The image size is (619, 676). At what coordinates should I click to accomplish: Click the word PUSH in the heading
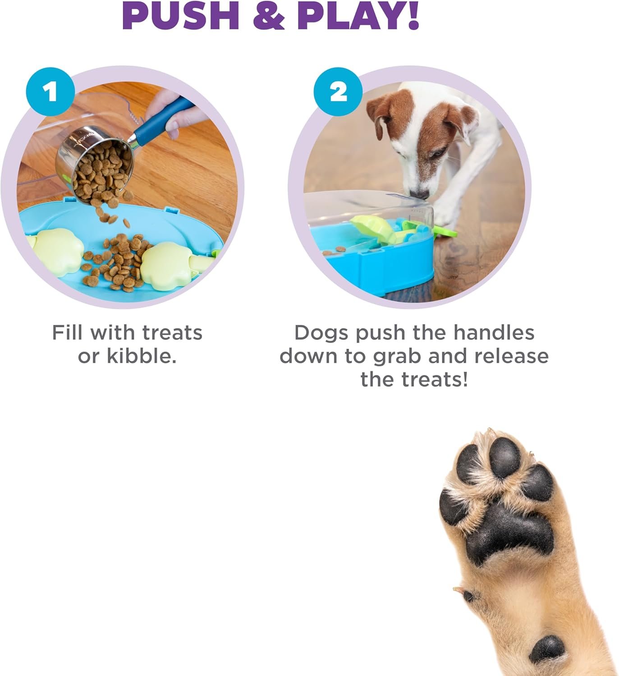pos(180,16)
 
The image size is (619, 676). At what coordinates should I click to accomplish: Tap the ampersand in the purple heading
pos(269,16)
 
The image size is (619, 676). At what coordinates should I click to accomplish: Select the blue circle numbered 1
pos(50,92)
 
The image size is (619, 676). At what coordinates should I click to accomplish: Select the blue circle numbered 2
pos(338,92)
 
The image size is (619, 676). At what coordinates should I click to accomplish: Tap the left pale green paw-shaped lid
pos(56,251)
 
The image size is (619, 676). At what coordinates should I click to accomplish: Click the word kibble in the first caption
pos(140,356)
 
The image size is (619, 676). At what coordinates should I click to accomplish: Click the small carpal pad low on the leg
pos(547,649)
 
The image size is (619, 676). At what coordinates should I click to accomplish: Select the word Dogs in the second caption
pos(321,333)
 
